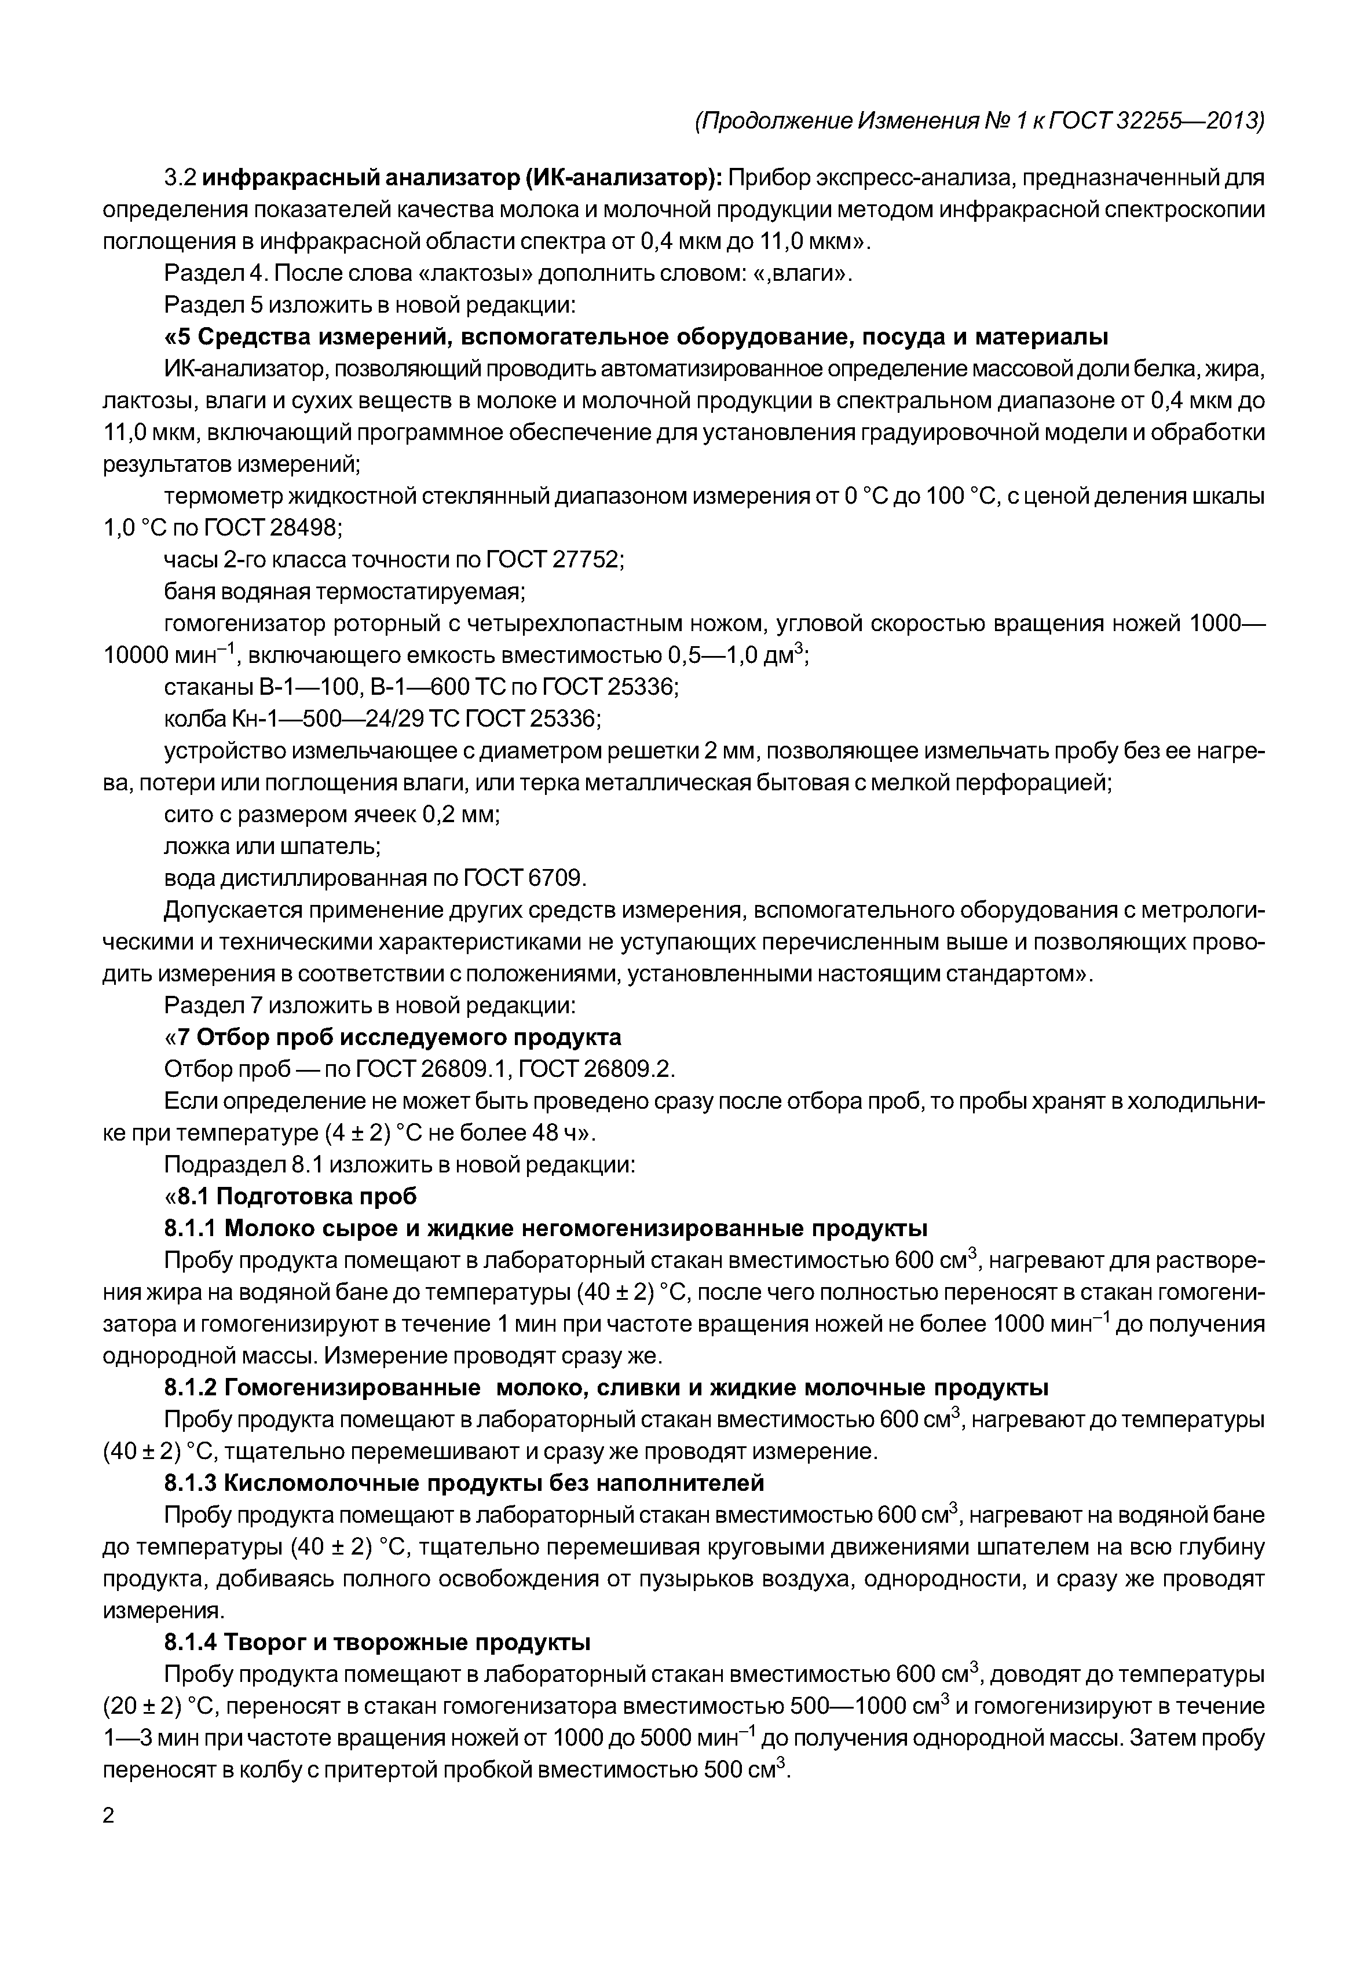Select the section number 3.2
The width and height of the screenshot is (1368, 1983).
(181, 178)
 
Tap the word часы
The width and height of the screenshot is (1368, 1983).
(189, 560)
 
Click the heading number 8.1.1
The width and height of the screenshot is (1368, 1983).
(191, 1228)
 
